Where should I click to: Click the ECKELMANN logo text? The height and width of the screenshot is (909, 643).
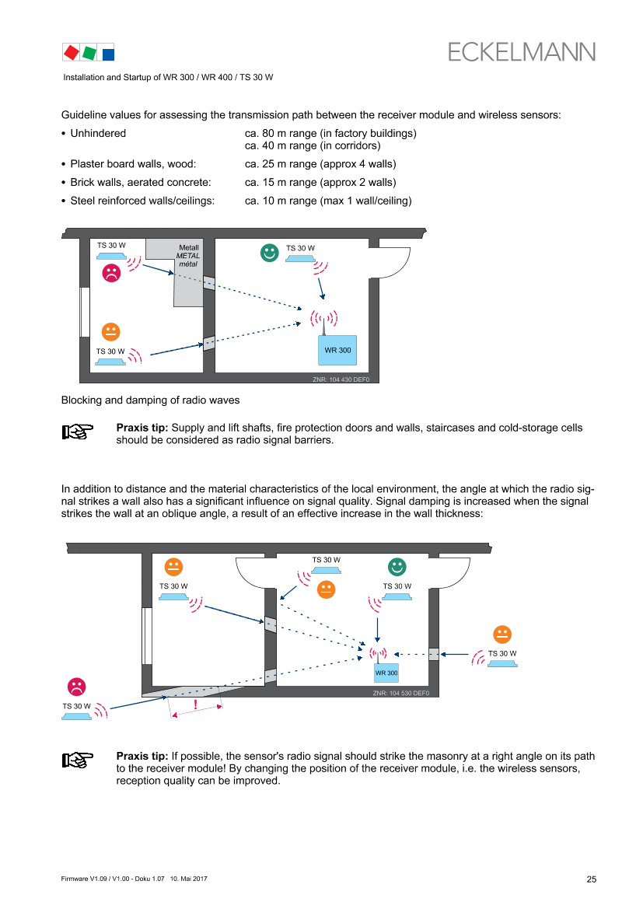point(522,52)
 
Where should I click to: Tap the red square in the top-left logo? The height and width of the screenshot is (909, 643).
point(72,52)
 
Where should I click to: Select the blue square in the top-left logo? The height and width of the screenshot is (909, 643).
point(109,54)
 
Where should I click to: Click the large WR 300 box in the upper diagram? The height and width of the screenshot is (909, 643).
point(337,350)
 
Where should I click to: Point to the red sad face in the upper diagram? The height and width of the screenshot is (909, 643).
point(112,273)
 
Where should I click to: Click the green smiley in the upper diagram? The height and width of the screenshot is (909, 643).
point(269,253)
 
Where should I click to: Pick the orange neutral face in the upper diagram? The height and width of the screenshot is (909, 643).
point(111,331)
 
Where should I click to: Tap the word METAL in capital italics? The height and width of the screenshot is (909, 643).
point(188,256)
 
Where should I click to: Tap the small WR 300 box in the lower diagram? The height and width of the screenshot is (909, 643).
point(386,673)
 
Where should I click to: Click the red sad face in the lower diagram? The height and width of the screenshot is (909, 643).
point(76,687)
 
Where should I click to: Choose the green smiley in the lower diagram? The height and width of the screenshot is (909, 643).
point(397,567)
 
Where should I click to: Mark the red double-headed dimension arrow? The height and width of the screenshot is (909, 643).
point(197,711)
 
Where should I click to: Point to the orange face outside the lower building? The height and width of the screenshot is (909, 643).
point(502,635)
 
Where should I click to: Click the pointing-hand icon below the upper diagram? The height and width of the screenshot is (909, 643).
point(78,432)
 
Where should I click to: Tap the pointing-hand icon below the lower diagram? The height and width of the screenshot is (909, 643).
point(78,760)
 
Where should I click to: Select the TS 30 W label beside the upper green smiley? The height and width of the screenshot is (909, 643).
point(300,249)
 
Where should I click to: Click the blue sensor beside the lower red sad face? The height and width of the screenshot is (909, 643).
point(76,716)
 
